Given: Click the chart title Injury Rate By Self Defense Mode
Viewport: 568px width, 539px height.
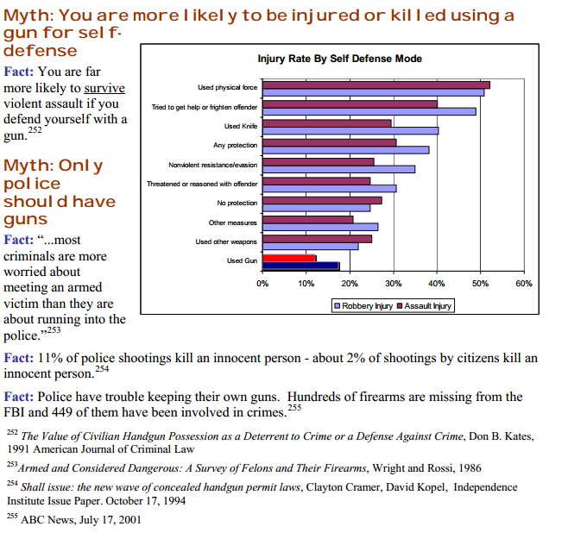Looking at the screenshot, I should (340, 59).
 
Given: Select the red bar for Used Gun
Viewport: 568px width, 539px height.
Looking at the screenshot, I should (289, 257).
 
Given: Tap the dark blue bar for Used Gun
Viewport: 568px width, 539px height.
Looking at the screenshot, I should (301, 266).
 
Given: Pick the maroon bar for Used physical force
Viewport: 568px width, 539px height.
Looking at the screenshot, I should (376, 85).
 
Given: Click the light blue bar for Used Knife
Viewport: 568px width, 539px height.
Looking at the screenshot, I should (350, 131).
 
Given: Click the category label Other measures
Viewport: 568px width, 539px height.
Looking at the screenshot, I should (233, 222).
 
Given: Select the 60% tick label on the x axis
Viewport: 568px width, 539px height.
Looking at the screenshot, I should (523, 283).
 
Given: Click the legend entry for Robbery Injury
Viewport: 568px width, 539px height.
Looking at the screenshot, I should (363, 306).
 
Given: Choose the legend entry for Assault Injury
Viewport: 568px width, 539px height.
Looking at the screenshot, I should (424, 306).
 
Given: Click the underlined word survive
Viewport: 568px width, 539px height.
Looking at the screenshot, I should (104, 89).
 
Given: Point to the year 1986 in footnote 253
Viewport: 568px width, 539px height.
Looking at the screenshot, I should (470, 467).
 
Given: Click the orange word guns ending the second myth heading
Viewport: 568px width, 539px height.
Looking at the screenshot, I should (25, 219).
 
